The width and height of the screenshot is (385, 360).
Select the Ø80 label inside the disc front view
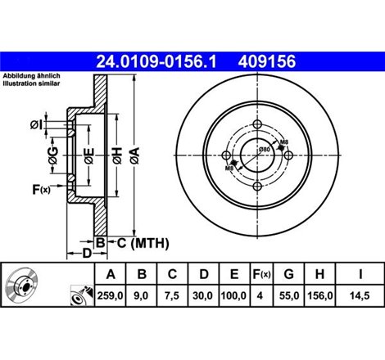click(265, 150)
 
